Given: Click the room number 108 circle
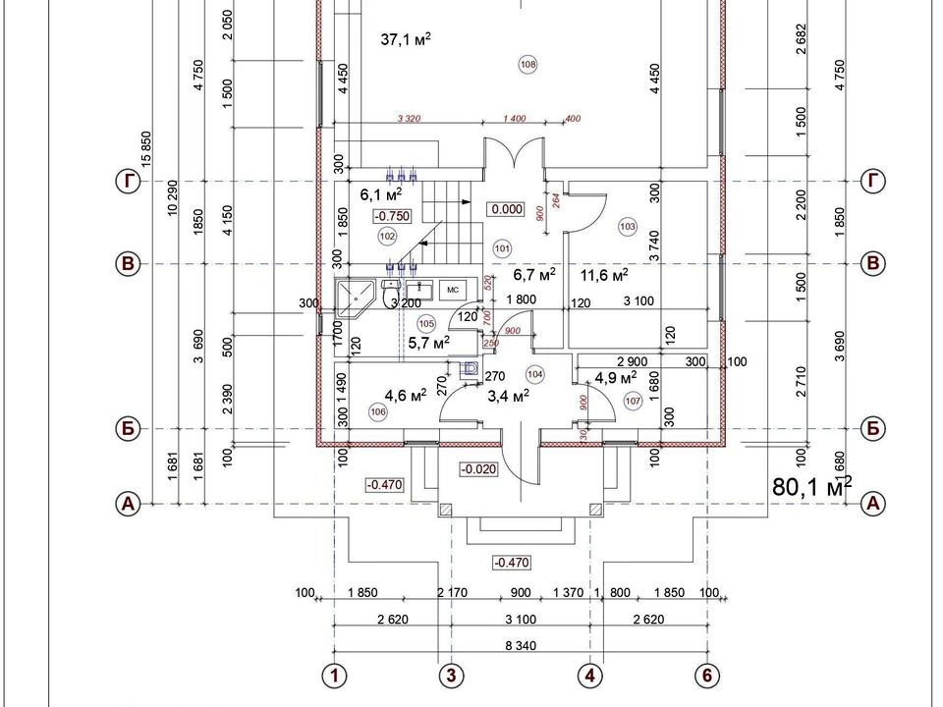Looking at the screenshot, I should coord(527,65).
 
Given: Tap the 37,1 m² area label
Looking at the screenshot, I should coord(406,39).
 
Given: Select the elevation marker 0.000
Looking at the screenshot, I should coord(507,209).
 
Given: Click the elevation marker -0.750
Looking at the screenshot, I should coord(392,215).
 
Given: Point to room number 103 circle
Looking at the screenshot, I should coord(629,227).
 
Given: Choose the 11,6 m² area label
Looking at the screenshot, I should coord(604,275).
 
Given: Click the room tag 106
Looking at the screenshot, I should coord(379,412).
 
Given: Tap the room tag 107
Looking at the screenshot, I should coord(633,401).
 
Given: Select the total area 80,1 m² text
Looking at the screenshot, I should coord(812,485).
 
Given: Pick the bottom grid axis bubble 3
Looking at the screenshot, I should coord(452,676).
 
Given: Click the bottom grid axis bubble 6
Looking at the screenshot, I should coord(707,676).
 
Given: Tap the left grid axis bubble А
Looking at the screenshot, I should coord(128,504).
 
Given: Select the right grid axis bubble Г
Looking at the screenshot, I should coord(872,181).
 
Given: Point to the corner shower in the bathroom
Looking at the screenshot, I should coord(353,298).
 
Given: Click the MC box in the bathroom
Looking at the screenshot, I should coord(453,291).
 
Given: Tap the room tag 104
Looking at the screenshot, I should coord(535,374).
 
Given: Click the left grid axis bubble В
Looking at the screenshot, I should coord(128,263).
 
